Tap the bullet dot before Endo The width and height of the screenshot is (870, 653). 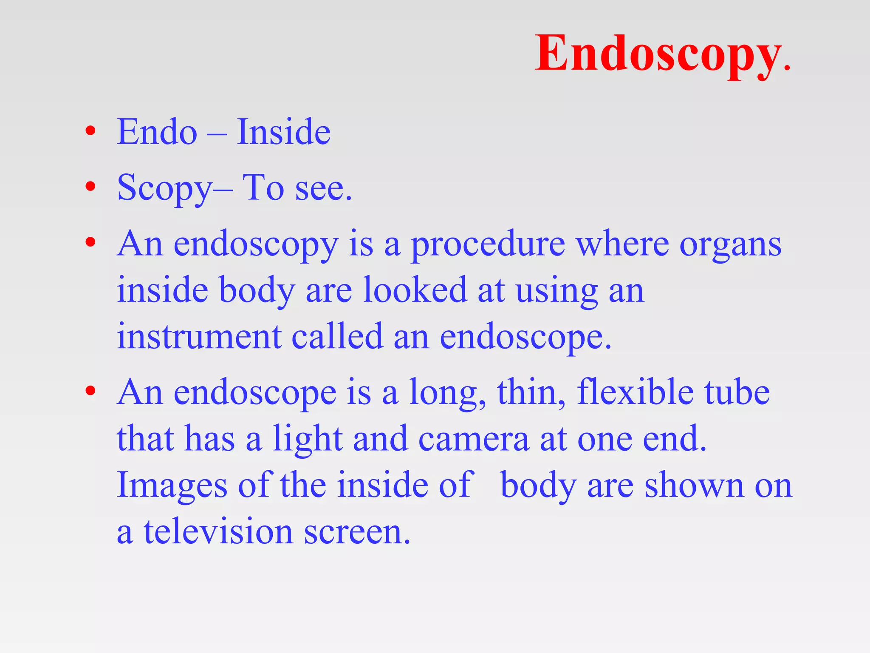(90, 131)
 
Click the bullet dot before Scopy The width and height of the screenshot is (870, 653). (90, 187)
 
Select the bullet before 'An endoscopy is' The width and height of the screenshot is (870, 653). (90, 242)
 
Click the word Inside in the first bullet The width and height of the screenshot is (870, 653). (283, 132)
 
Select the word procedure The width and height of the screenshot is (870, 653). (488, 245)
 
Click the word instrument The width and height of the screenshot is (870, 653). (199, 337)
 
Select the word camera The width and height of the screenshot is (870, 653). (474, 439)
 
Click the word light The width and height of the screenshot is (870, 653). (308, 440)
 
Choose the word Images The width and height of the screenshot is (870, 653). (172, 486)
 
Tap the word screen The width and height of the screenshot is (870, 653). (357, 533)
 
